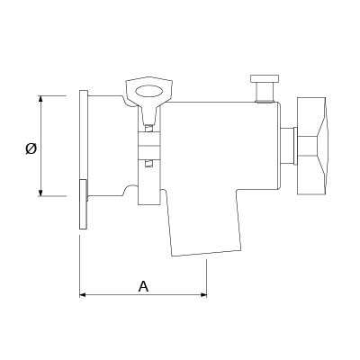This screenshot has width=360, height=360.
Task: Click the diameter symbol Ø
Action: [31, 148]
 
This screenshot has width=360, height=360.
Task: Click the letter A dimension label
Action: [143, 286]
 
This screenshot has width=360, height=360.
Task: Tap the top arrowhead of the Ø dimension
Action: [40, 99]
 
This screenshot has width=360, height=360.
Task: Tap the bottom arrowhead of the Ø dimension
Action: [40, 193]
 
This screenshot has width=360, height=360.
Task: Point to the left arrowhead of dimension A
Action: [83, 295]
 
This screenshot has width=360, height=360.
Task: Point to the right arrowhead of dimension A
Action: [203, 295]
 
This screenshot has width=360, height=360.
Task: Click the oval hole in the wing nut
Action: [148, 92]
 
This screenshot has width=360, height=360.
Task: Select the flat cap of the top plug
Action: [265, 78]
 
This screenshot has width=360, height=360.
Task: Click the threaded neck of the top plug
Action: [265, 92]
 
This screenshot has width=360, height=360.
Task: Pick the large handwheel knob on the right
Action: [312, 146]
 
